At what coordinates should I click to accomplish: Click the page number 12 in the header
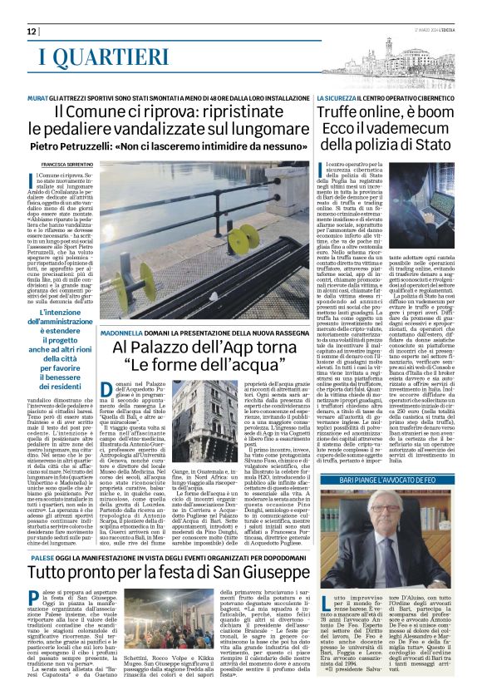point(32,31)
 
